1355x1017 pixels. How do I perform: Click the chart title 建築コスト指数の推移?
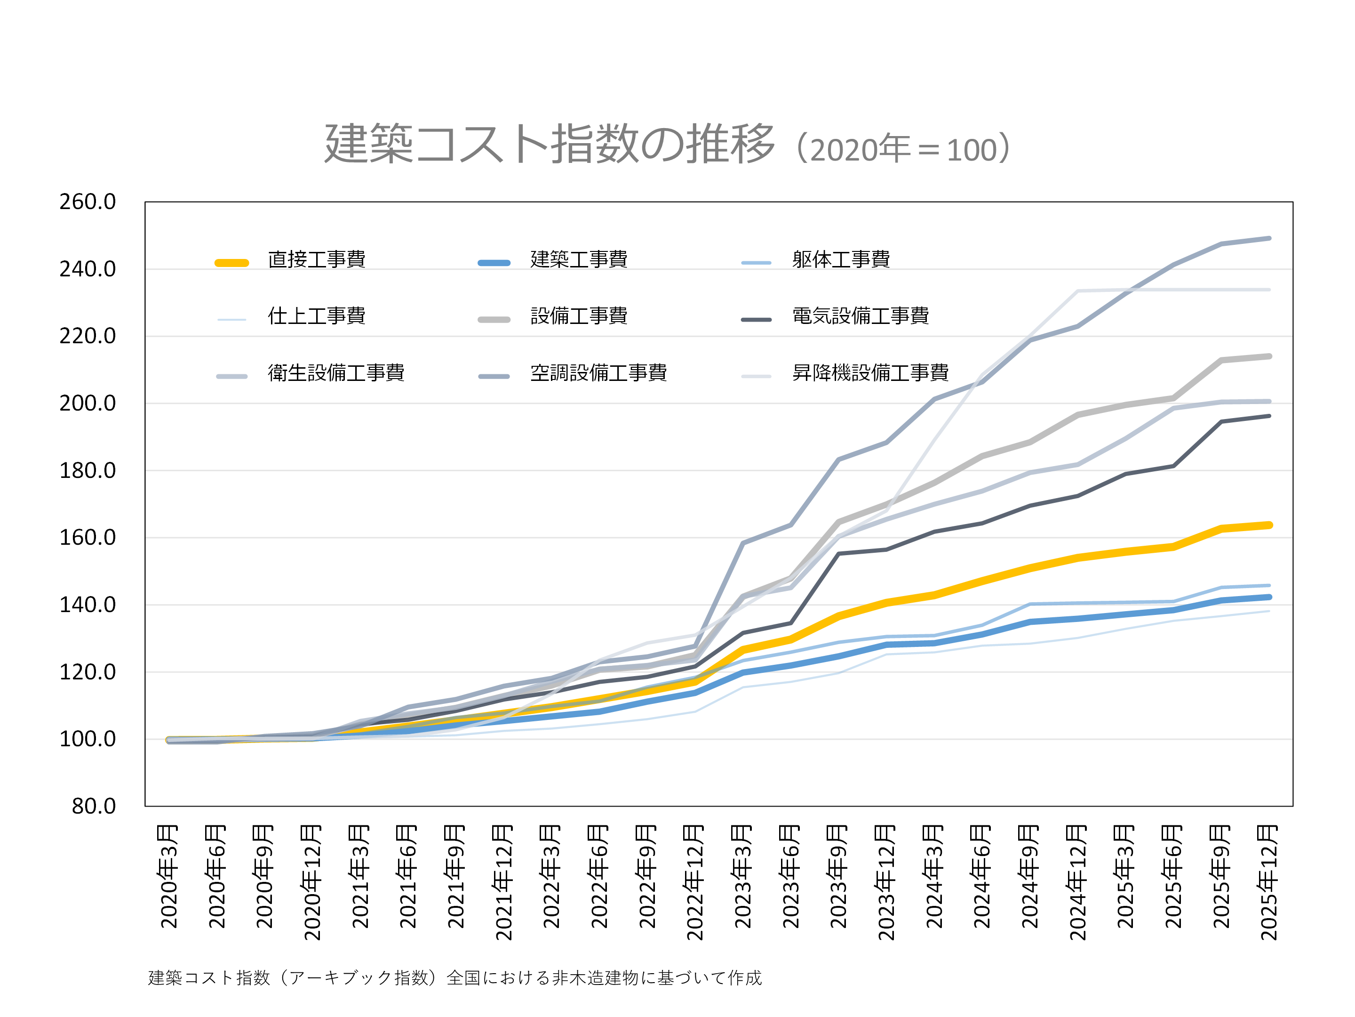tap(550, 144)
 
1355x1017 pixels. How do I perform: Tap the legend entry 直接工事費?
tap(316, 259)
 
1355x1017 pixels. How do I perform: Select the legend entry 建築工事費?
tap(578, 259)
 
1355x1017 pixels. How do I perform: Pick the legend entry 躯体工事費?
tap(840, 259)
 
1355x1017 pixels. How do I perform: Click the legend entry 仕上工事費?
tap(316, 316)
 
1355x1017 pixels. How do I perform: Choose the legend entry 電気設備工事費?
tap(860, 316)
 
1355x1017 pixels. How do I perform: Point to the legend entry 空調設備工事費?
tap(598, 373)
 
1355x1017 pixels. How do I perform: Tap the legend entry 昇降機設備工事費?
tap(870, 373)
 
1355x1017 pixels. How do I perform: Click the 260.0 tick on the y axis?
tap(88, 202)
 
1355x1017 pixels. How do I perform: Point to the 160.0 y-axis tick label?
tap(88, 538)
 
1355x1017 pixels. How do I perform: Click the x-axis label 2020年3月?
tap(168, 877)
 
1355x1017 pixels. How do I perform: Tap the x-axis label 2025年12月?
tap(1268, 883)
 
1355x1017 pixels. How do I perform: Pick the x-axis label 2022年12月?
tap(694, 883)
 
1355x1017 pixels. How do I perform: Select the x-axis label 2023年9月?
tap(838, 877)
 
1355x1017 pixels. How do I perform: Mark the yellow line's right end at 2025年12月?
tap(1268, 525)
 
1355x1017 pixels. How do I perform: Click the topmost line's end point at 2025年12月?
tap(1268, 238)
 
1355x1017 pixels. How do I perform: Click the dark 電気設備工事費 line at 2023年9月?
tap(838, 554)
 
